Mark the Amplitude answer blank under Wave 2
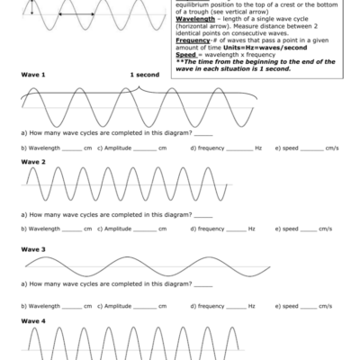[144, 229]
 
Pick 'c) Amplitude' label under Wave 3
[114, 306]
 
